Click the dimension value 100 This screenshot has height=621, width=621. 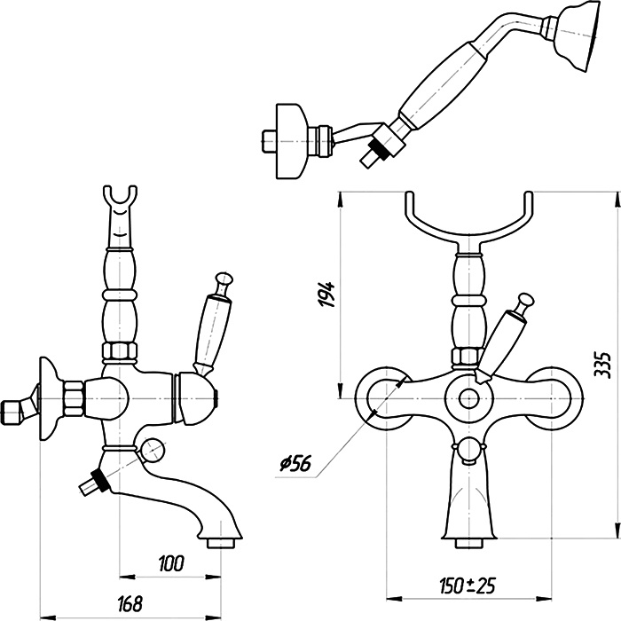172,563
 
